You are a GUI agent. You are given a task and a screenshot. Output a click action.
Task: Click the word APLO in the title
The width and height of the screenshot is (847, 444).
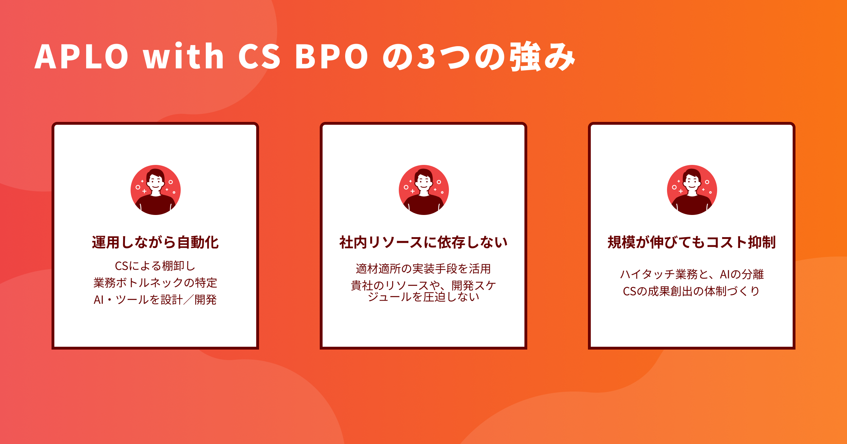82,56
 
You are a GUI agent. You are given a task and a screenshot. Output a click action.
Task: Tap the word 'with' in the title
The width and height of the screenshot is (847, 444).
183,56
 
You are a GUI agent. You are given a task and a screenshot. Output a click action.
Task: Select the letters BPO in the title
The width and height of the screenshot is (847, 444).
332,56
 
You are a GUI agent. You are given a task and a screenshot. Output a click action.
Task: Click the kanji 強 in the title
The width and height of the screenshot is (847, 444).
524,56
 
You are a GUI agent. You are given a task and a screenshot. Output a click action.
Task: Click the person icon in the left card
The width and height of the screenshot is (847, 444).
156,190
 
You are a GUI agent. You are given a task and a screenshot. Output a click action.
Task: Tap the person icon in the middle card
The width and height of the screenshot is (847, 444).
424,190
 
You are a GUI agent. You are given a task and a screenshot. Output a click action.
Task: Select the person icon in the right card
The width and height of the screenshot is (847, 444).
692,190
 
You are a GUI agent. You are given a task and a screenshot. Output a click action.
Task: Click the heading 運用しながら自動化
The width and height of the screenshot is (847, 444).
155,242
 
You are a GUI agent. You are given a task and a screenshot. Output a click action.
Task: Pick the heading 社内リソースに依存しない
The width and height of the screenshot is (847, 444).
423,242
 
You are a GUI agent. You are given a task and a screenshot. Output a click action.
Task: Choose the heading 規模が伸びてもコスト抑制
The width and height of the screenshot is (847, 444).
692,242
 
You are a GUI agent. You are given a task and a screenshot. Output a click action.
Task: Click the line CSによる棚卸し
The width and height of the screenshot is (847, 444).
155,266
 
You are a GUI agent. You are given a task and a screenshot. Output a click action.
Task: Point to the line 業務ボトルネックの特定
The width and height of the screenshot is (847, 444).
155,283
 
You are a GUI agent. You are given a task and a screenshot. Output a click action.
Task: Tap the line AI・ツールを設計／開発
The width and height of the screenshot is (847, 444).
155,300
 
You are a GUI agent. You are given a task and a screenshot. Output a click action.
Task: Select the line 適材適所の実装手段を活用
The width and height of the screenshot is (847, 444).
423,269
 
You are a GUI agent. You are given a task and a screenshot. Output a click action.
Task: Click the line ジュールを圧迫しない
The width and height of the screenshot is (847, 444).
423,297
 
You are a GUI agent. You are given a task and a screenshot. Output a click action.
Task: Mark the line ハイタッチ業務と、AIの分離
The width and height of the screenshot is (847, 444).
692,274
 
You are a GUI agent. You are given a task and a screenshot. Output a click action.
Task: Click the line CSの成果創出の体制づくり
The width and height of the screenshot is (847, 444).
692,291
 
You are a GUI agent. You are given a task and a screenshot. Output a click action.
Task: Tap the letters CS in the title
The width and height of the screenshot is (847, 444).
259,56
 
